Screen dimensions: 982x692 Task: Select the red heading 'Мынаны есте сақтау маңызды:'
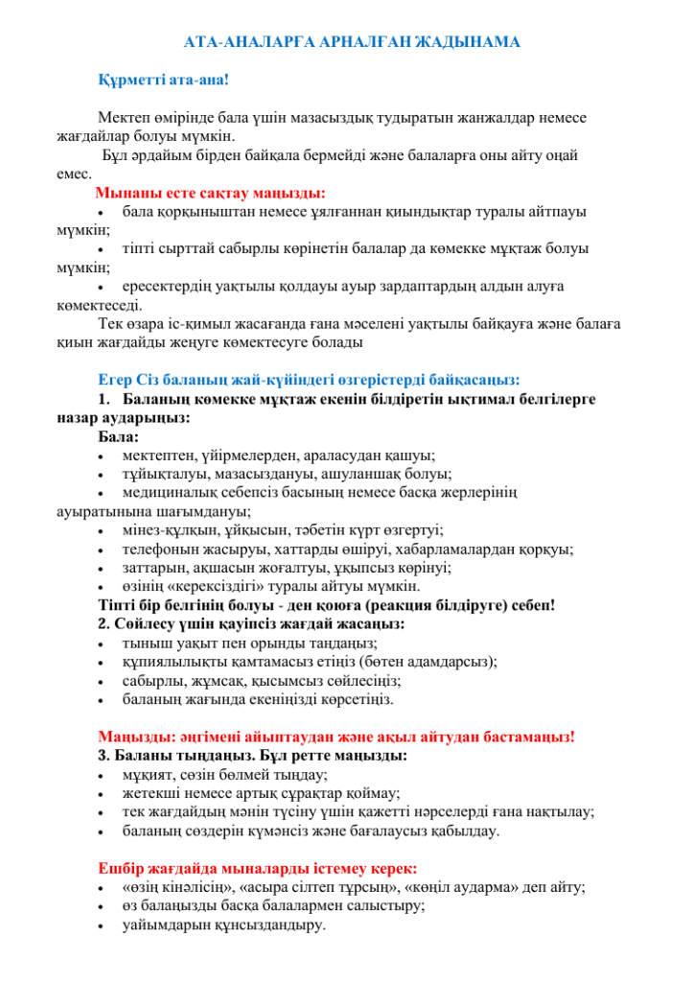click(210, 191)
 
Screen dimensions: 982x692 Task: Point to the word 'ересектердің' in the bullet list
click(164, 285)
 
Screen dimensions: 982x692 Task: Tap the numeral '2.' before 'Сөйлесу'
click(104, 624)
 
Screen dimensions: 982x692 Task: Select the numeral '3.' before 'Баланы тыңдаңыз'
click(104, 756)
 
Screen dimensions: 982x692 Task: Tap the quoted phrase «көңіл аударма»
click(477, 887)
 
